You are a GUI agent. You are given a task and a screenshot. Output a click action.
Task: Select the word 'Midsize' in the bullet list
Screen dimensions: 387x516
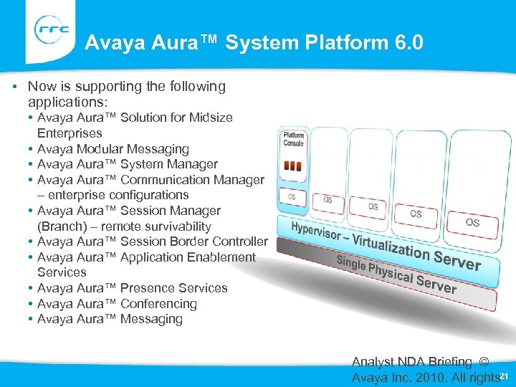tap(211, 118)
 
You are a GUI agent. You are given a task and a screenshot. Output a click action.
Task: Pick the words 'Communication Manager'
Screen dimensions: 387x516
tap(192, 180)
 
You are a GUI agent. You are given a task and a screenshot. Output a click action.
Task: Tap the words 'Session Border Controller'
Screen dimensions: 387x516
tap(193, 242)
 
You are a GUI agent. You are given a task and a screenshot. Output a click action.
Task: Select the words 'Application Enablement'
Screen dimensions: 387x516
tap(188, 257)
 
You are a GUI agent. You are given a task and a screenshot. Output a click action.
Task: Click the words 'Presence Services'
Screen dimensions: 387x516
tap(173, 288)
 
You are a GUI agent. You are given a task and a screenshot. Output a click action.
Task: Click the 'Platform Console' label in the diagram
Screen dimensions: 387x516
tap(294, 139)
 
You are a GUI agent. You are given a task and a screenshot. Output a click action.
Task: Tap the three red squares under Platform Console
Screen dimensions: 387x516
tap(292, 166)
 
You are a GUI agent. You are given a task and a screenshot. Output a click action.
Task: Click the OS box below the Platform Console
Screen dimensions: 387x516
tap(292, 196)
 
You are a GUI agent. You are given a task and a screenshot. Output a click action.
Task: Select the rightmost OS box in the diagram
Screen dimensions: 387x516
tap(472, 223)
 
